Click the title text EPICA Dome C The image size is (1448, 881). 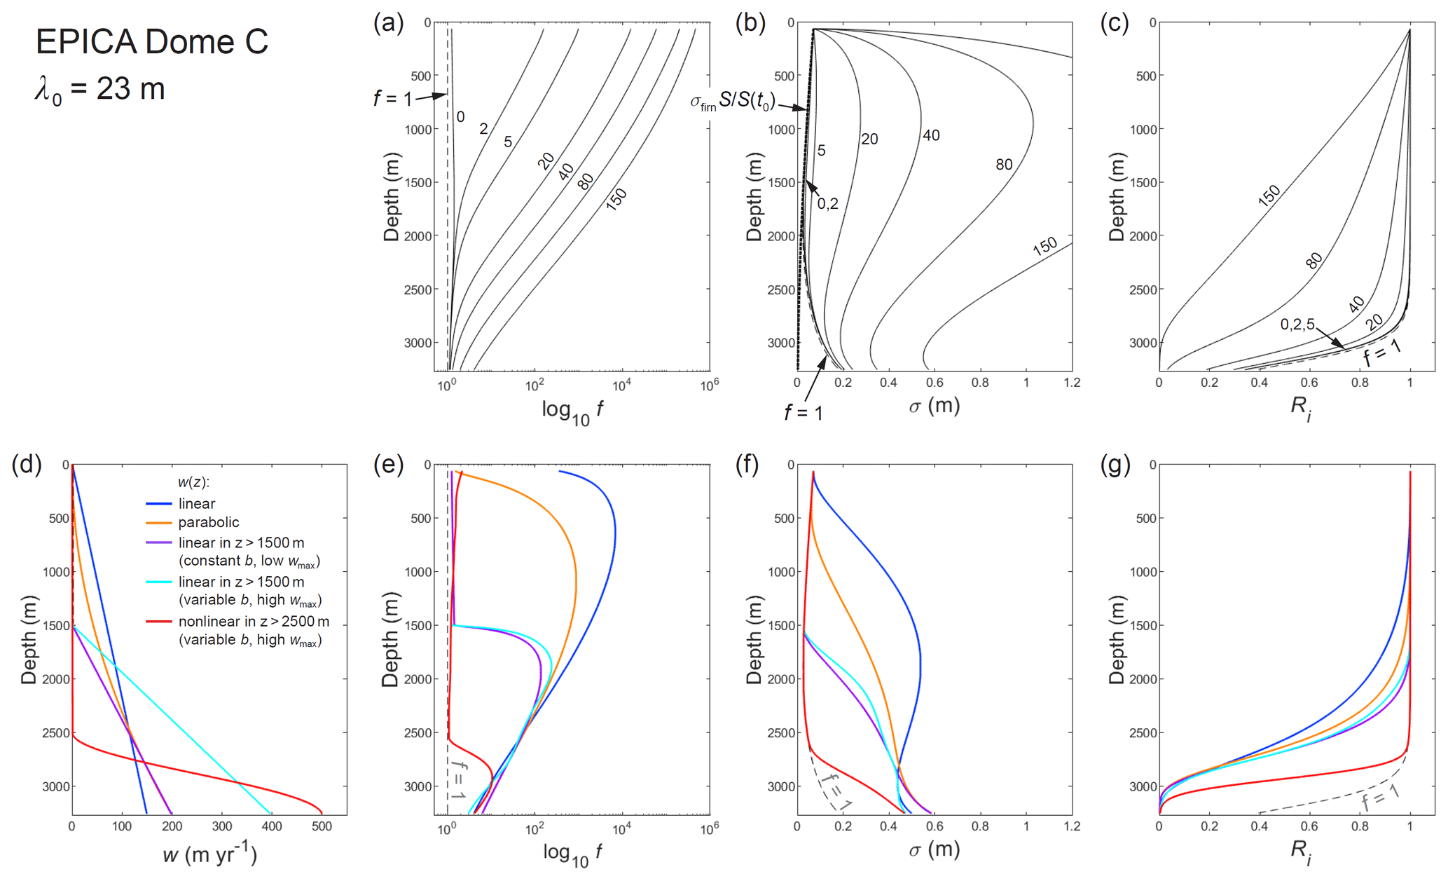tap(151, 42)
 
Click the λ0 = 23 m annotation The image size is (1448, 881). tap(100, 90)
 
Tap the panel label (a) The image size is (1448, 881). tap(388, 23)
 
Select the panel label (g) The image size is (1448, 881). tap(1115, 465)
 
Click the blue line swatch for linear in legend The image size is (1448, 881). tap(158, 504)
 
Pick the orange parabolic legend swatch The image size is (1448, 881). tap(158, 523)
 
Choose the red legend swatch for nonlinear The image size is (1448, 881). tap(158, 622)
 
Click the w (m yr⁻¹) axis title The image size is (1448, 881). tap(209, 855)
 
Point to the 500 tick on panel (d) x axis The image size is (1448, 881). tap(322, 827)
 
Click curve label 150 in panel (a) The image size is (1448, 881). tap(616, 199)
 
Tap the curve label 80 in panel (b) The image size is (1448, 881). tap(1004, 165)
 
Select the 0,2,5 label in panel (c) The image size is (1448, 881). tap(1297, 325)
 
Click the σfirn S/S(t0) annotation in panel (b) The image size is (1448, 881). tap(732, 102)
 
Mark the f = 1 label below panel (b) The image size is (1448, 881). tap(804, 413)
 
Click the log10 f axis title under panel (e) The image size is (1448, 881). tap(572, 854)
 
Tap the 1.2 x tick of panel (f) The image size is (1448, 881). tap(1072, 827)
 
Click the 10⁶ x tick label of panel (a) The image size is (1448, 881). tap(709, 385)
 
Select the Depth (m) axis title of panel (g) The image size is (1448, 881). tap(1115, 639)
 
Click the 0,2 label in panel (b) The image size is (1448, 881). tap(827, 204)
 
